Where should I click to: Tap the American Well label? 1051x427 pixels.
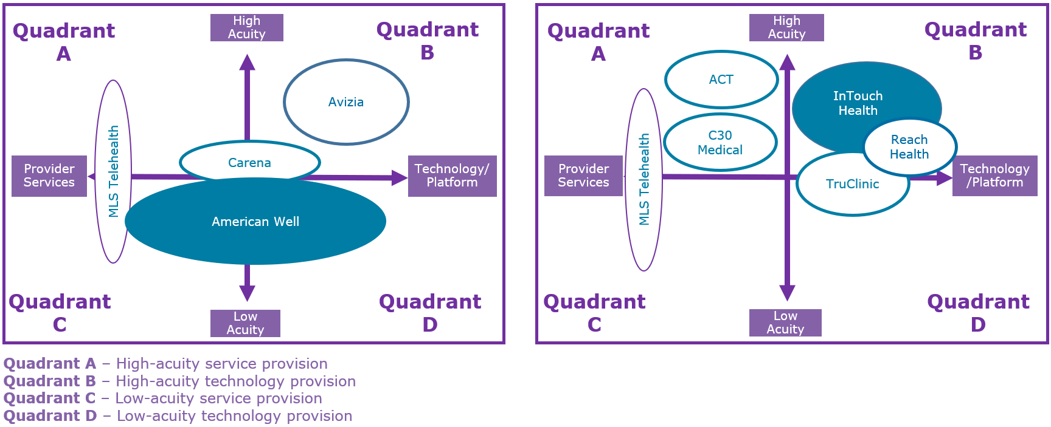[x=255, y=222]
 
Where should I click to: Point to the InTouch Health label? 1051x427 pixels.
[x=858, y=103]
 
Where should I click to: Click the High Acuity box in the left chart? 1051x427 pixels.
[x=247, y=27]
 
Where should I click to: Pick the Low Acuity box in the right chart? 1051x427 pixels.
[x=785, y=323]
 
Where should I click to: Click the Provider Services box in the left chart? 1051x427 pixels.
[x=49, y=176]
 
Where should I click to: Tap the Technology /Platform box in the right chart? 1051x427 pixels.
[x=995, y=176]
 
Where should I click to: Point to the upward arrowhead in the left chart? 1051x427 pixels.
[x=247, y=62]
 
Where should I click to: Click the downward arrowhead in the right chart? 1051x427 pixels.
[x=788, y=293]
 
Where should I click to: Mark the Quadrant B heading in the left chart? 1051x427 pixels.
[x=428, y=41]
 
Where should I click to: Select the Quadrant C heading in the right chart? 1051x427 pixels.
[x=594, y=313]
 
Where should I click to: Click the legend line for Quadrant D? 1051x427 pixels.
[x=178, y=416]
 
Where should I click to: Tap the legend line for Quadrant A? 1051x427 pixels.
[x=165, y=364]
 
